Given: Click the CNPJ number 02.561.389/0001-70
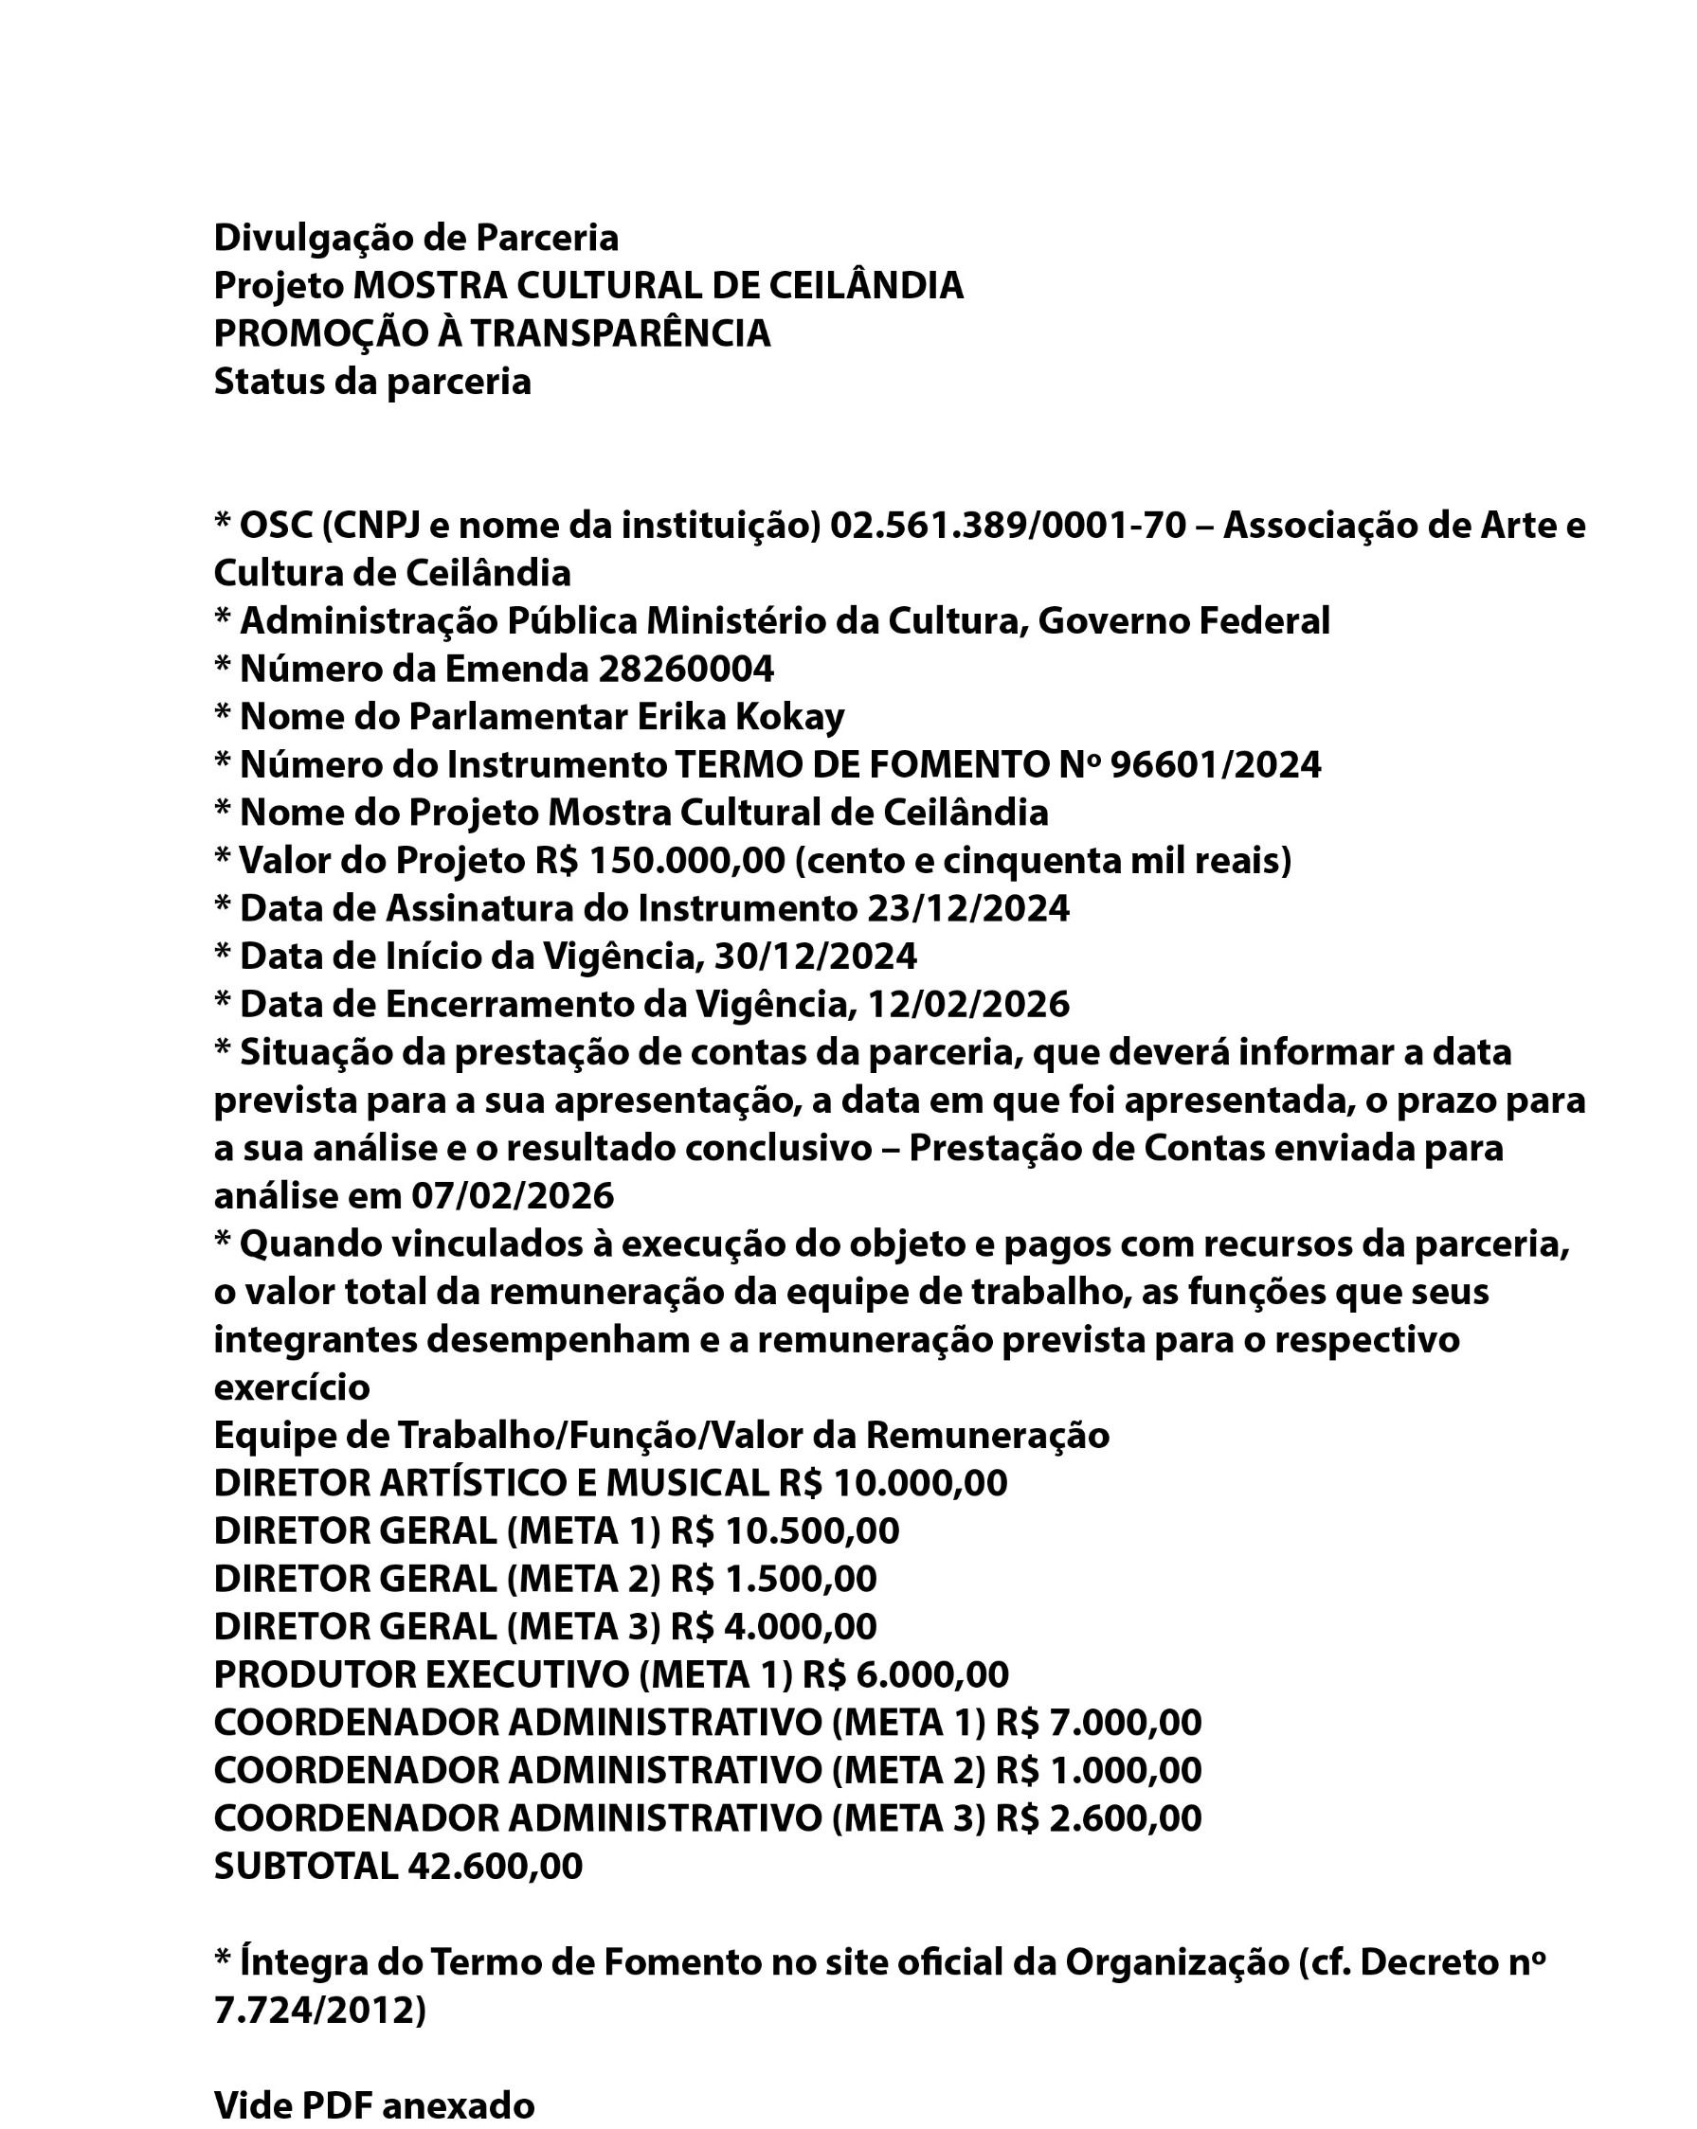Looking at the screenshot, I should click(x=1006, y=527).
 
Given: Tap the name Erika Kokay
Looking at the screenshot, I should click(x=740, y=717).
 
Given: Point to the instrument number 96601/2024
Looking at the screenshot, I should click(x=1215, y=765).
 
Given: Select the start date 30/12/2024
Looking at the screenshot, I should click(x=815, y=957).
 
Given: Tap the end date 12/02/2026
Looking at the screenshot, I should click(x=968, y=1004).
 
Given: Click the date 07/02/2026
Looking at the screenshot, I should click(x=513, y=1196).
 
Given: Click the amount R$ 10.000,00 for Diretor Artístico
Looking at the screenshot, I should click(x=892, y=1483).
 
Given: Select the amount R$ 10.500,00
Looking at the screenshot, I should click(x=785, y=1530).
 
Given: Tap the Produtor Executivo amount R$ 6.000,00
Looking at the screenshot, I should click(x=905, y=1674).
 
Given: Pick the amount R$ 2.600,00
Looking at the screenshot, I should click(x=1097, y=1818).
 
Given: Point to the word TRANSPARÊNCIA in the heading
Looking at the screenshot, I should click(x=620, y=333).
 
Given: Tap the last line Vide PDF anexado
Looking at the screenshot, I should click(x=374, y=2105).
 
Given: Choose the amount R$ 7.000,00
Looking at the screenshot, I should click(x=1097, y=1722).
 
